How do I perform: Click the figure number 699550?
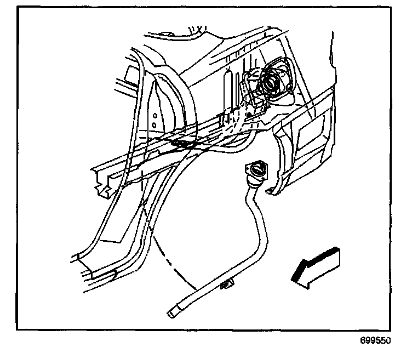(x=375, y=340)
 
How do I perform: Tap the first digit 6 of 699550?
(x=363, y=340)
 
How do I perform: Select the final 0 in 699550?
(x=388, y=340)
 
